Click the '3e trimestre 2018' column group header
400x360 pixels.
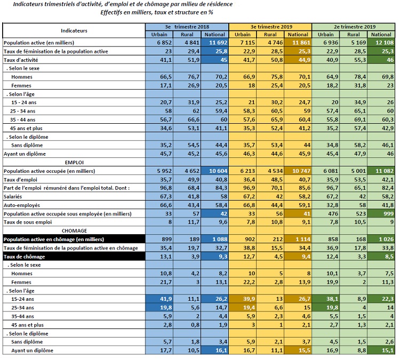click(187, 26)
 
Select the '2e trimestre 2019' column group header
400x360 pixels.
click(354, 26)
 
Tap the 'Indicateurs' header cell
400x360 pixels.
click(74, 30)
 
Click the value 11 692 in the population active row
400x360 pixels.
click(215, 42)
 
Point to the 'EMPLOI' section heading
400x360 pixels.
click(74, 162)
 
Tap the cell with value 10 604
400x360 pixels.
click(215, 171)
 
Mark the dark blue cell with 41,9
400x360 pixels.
click(160, 299)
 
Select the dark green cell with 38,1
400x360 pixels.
click(326, 299)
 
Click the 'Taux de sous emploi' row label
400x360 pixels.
click(27, 222)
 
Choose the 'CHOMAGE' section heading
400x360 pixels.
click(74, 230)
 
